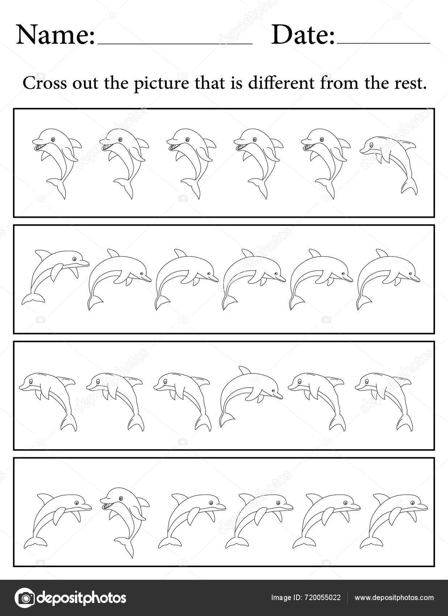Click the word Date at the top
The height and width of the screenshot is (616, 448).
303,35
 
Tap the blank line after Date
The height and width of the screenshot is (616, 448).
383,43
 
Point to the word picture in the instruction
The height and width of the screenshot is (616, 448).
162,84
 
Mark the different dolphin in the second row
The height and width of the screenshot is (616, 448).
54,275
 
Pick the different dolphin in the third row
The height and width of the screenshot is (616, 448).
250,395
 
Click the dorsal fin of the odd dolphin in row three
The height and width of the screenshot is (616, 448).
245,371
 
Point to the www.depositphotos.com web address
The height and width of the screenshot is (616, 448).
394,598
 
